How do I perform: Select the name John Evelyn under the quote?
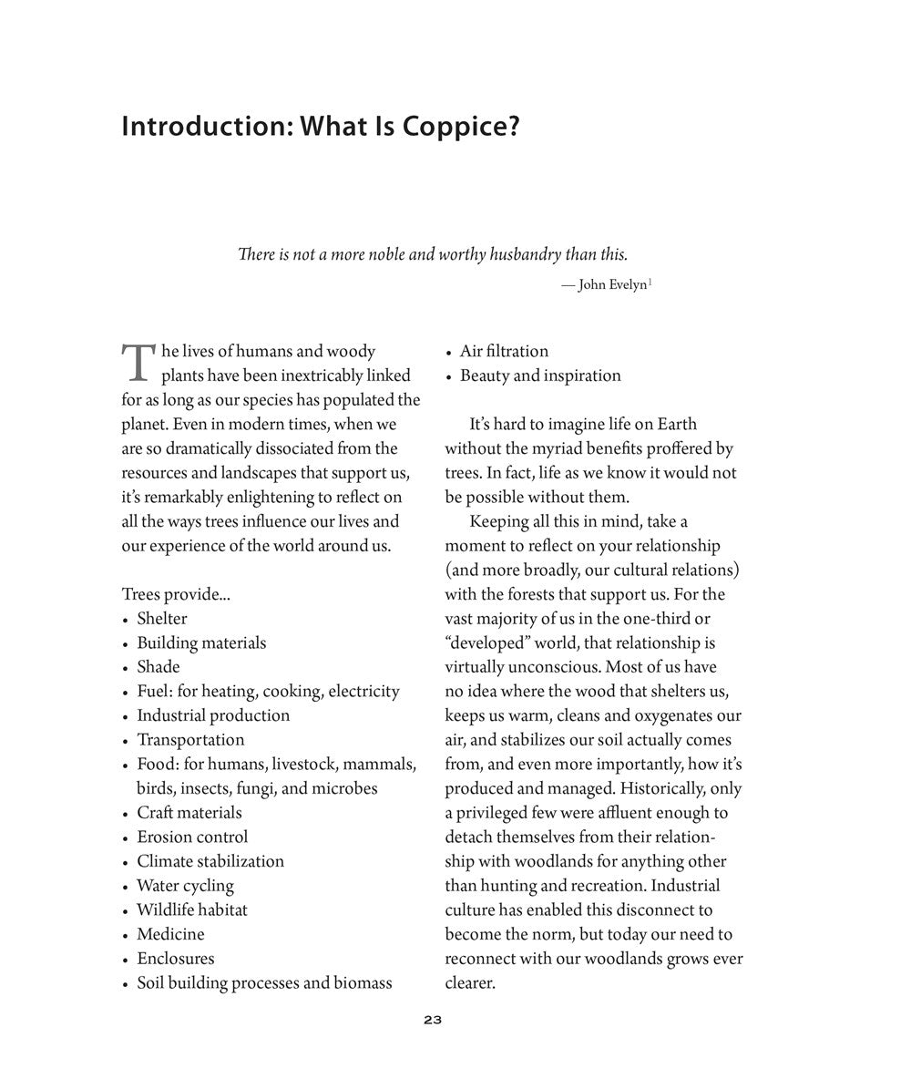pyautogui.click(x=611, y=285)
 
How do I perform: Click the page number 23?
pyautogui.click(x=433, y=1020)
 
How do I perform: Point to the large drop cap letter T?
pyautogui.click(x=138, y=362)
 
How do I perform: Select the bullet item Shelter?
pyautogui.click(x=162, y=619)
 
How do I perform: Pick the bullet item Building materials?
pyautogui.click(x=201, y=643)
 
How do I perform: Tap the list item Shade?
pyautogui.click(x=159, y=667)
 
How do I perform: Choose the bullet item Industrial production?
pyautogui.click(x=213, y=715)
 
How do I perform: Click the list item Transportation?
pyautogui.click(x=190, y=740)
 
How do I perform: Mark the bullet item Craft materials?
pyautogui.click(x=189, y=813)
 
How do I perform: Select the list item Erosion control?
pyautogui.click(x=192, y=837)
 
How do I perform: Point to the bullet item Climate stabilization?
pyautogui.click(x=210, y=861)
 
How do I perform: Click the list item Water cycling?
pyautogui.click(x=185, y=886)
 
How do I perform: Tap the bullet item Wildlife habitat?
pyautogui.click(x=192, y=909)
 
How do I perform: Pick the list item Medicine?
pyautogui.click(x=170, y=934)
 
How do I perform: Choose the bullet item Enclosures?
pyautogui.click(x=176, y=959)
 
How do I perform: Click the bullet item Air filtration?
pyautogui.click(x=504, y=352)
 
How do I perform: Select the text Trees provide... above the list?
pyautogui.click(x=176, y=594)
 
